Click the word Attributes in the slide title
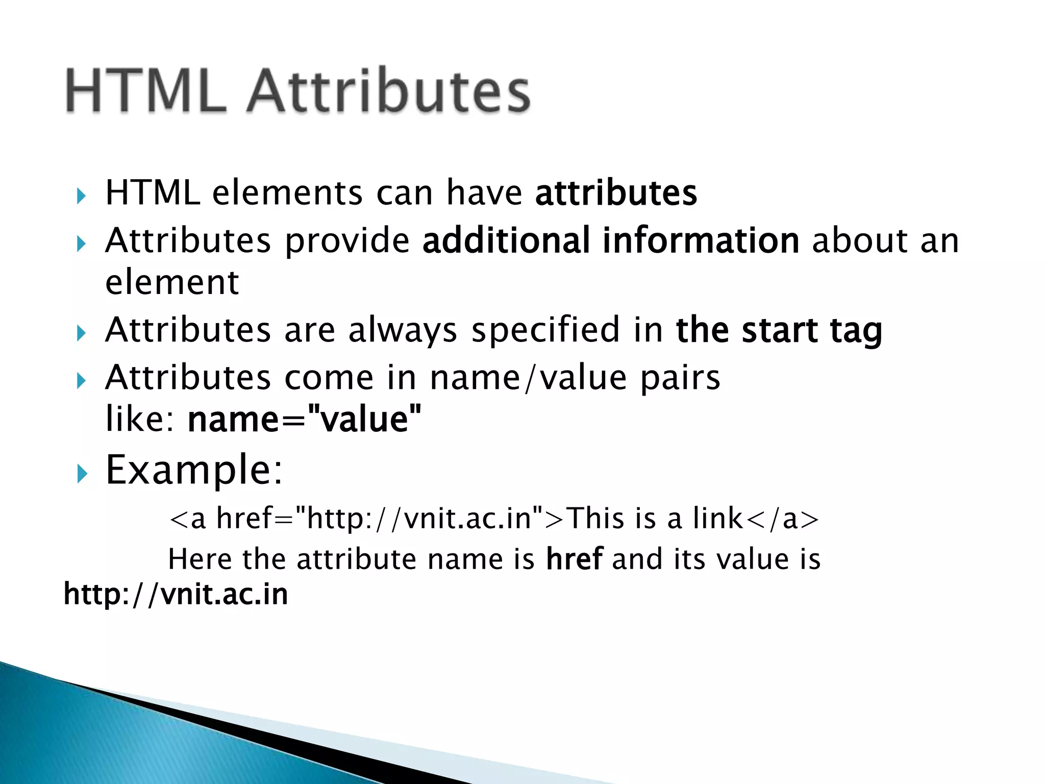389,92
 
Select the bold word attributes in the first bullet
616,193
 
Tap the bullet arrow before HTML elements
81,195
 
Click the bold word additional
506,240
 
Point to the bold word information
701,240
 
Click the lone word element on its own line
172,282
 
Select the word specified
545,330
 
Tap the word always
403,330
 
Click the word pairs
680,378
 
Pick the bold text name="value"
305,419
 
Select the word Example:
194,470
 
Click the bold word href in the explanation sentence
575,559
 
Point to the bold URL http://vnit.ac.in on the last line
176,595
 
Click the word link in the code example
717,518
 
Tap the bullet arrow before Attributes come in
81,381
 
